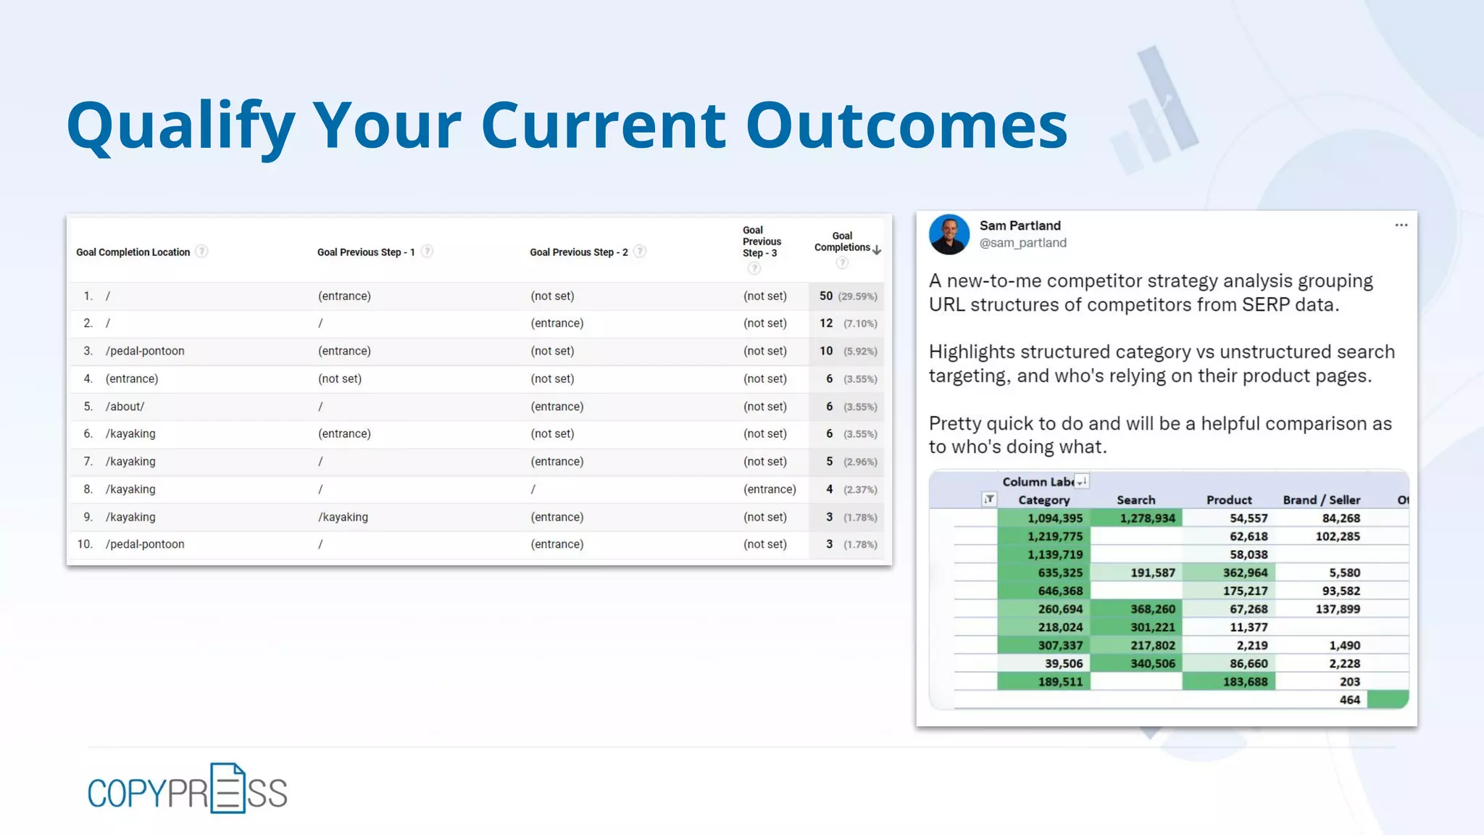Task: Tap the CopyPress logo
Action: pos(187,790)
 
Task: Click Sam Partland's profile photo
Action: pos(949,234)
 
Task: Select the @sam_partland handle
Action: pos(1022,243)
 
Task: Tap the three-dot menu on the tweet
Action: pos(1401,225)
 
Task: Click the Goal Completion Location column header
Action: pos(133,252)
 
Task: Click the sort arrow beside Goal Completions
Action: pos(877,250)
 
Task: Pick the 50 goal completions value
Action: pos(825,296)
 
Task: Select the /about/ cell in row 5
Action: pos(125,407)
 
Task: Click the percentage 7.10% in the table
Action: pos(860,324)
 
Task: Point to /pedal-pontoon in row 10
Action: pos(145,544)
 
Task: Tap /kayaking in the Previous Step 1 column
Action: pos(343,517)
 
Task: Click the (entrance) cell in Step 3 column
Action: pos(770,489)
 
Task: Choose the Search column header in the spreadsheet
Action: pos(1135,500)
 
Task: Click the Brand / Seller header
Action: pos(1321,500)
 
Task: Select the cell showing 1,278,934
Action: pos(1147,518)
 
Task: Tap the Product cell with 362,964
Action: pos(1245,573)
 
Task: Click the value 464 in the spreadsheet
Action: pos(1349,699)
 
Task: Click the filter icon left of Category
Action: pos(988,499)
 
